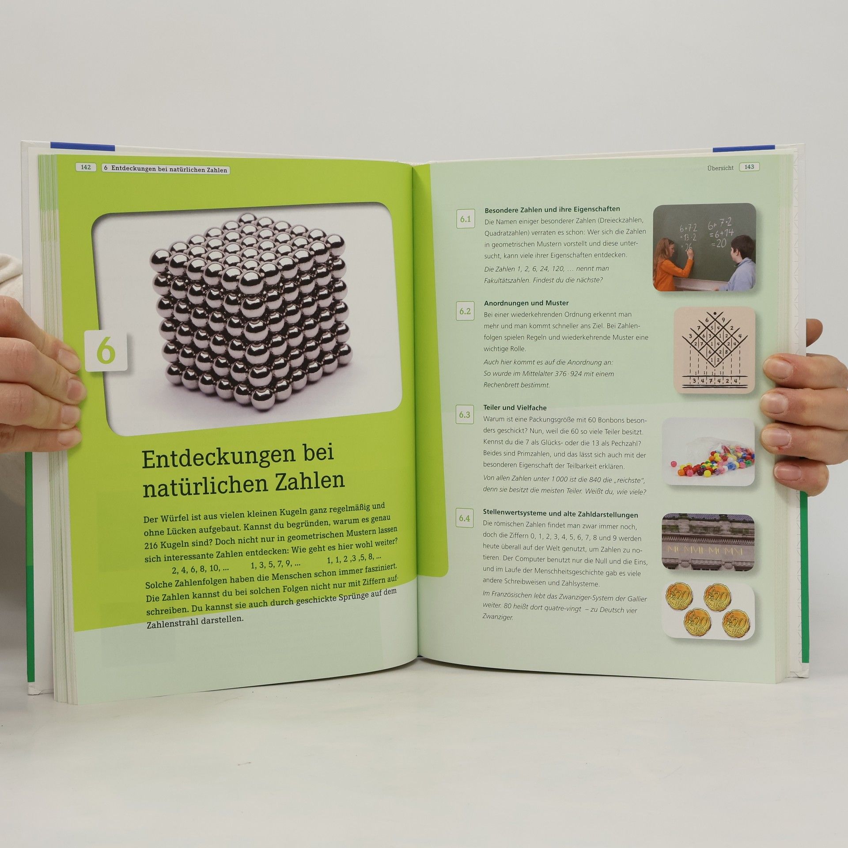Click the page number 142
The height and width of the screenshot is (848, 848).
coord(86,167)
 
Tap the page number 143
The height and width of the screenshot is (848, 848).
coord(749,167)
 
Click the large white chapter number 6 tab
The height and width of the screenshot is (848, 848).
coord(106,351)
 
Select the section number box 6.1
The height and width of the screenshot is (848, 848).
coord(466,219)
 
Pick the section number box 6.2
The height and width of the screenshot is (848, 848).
coord(465,311)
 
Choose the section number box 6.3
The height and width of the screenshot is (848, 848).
coord(465,415)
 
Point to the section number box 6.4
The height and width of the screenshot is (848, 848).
coord(464,518)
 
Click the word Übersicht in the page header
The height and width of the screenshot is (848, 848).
coord(720,168)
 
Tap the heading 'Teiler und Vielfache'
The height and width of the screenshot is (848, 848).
coord(515,408)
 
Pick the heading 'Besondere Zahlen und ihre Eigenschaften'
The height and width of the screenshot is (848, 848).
coord(552,209)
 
